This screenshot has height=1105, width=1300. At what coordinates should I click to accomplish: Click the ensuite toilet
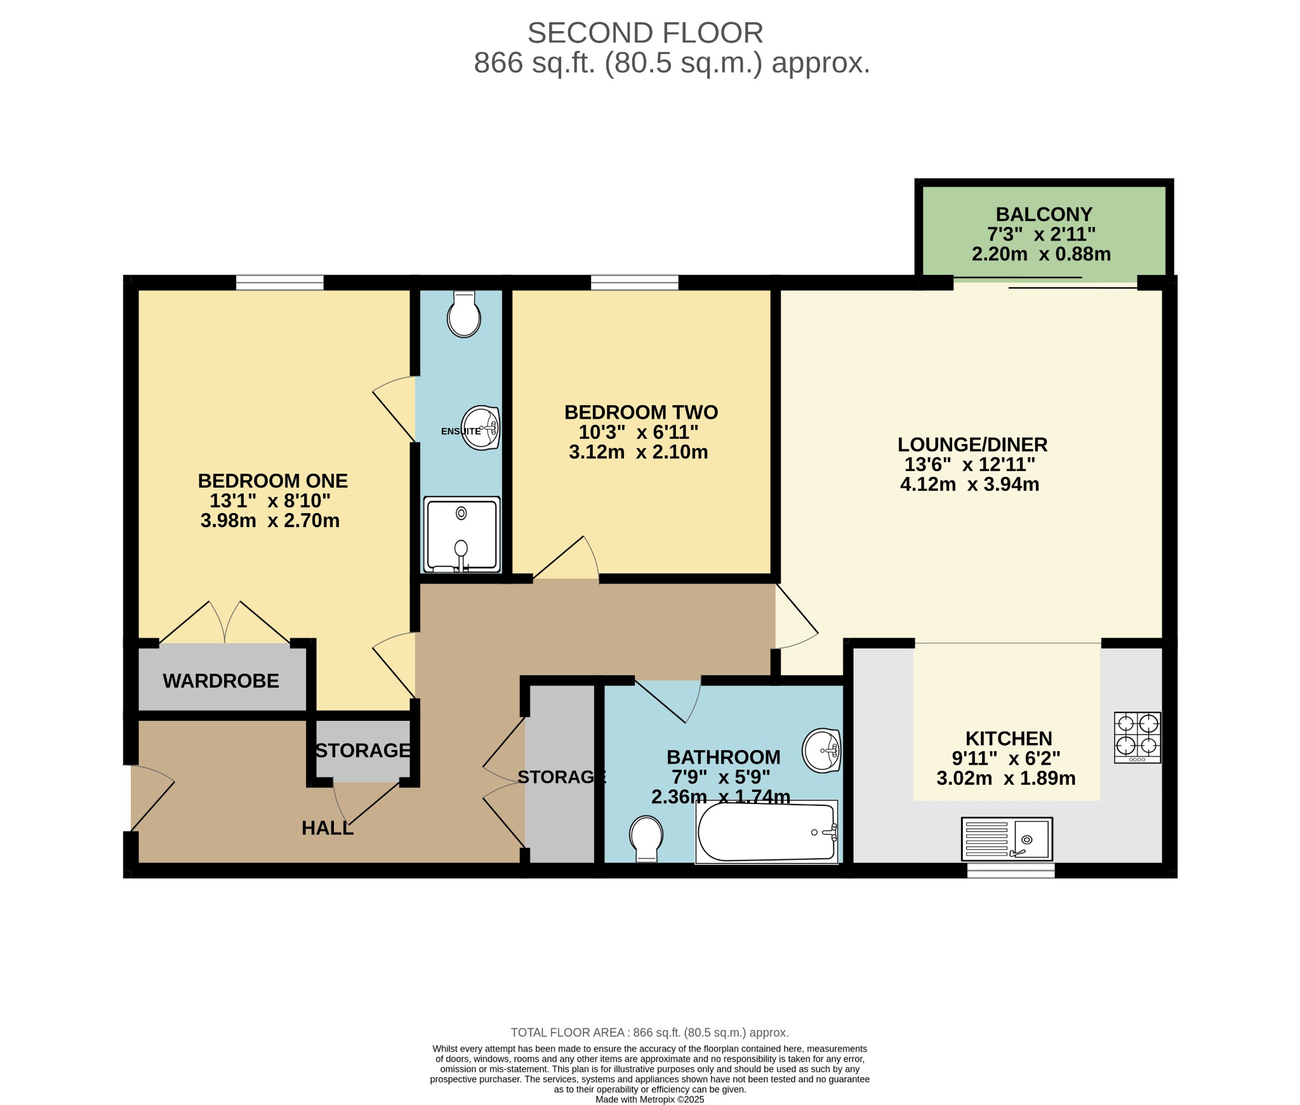(x=463, y=315)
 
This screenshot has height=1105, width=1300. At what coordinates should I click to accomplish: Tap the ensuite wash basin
(x=481, y=427)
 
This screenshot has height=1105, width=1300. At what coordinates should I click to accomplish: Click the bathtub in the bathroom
(x=766, y=831)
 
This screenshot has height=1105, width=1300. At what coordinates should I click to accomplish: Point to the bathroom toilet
(x=646, y=838)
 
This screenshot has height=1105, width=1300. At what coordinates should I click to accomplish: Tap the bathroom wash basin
(x=821, y=750)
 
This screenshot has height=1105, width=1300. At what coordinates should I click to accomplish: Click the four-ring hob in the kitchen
(x=1137, y=737)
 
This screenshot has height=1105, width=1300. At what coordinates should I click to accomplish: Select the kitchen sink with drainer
(x=1007, y=837)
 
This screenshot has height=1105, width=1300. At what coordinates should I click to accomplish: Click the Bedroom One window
(x=279, y=283)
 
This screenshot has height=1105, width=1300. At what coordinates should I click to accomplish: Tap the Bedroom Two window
(x=634, y=283)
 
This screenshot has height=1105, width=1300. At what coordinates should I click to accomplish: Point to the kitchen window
(x=1011, y=870)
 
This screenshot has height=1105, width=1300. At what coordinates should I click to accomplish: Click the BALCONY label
(x=1044, y=215)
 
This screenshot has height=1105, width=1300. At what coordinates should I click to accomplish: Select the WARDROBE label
(x=221, y=681)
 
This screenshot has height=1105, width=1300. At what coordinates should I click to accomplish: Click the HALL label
(x=327, y=828)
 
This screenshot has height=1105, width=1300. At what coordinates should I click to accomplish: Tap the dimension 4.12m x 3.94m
(x=969, y=485)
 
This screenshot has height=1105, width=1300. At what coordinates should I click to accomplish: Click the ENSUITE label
(x=460, y=431)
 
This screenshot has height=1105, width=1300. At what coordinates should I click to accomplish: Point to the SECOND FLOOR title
(x=645, y=33)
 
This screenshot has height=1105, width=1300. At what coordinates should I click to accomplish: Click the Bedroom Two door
(x=565, y=559)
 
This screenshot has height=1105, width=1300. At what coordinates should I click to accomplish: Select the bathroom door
(x=667, y=701)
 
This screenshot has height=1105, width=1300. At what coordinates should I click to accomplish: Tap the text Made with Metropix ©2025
(x=649, y=1099)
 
